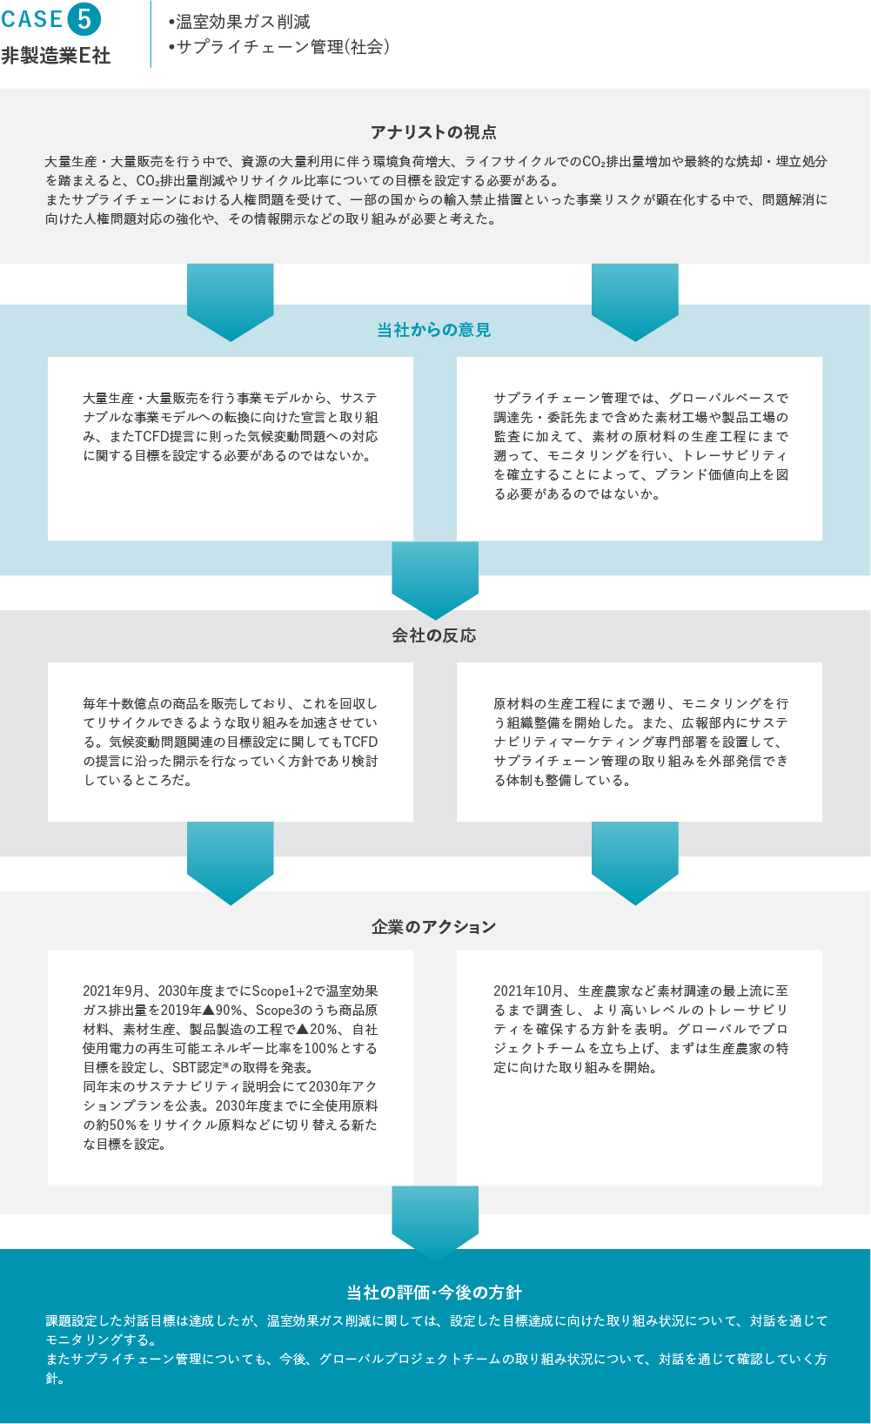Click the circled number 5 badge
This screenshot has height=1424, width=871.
coord(84,19)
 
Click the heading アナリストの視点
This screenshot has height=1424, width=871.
coord(434,132)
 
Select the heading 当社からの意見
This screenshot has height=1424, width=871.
coord(434,330)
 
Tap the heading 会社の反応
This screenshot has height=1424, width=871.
coord(434,635)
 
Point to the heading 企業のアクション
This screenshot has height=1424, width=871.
coord(434,927)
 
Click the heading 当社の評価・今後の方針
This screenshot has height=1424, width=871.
coord(434,1293)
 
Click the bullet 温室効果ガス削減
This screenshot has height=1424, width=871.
coord(239,22)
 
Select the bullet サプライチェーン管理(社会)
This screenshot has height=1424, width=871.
coord(279,47)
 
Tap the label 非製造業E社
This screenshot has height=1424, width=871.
coord(56,56)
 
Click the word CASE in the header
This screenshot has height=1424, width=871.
coord(32,19)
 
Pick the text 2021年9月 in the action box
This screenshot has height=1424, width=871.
coord(113,991)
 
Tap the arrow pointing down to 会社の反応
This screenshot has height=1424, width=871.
coord(435,581)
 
